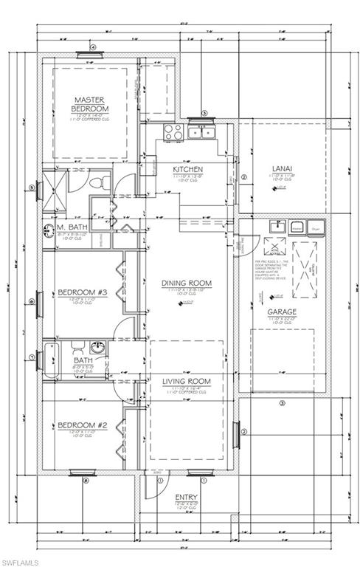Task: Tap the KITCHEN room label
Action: pos(187,169)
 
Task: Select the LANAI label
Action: pos(282,168)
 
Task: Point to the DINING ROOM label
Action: pos(187,283)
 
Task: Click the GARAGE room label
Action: pos(282,312)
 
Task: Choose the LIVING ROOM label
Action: pos(187,381)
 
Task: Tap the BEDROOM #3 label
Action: pos(83,293)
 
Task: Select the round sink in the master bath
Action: pos(49,229)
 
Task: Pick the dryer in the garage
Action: pos(316,226)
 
